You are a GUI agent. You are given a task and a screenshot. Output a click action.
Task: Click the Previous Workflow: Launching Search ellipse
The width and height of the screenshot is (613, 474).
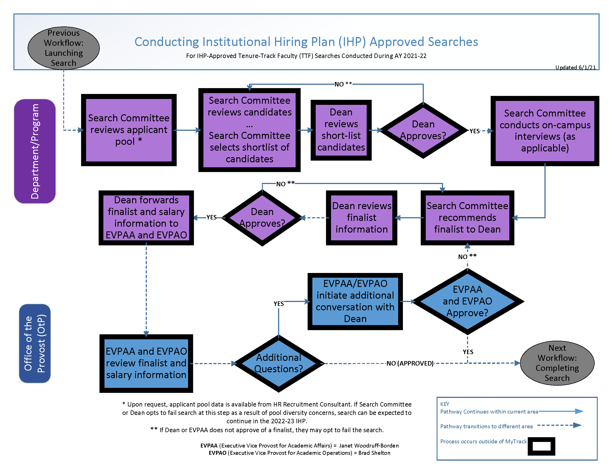pos(64,48)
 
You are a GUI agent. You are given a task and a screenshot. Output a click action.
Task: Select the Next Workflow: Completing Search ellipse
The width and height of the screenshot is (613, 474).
pos(557,363)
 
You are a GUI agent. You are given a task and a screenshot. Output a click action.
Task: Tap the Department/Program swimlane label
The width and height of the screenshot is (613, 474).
pos(35,151)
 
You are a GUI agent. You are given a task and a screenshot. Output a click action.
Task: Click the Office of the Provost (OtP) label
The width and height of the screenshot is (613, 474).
pos(35,343)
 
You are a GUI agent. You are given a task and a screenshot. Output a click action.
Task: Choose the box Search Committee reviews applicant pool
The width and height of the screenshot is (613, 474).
pos(128,130)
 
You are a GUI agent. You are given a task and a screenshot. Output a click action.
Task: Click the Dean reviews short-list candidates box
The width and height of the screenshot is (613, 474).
pos(341,130)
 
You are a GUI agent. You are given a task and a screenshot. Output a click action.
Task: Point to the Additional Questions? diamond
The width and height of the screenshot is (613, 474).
pos(278,363)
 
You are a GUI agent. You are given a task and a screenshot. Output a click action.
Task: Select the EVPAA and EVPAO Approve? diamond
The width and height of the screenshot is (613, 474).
pos(467,301)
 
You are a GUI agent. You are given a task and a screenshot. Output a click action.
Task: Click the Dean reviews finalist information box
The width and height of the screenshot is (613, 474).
pos(361,218)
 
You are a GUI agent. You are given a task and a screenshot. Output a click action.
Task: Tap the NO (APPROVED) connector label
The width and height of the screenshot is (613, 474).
pos(410,363)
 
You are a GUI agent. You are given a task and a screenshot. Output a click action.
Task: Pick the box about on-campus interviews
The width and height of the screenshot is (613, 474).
pos(544,130)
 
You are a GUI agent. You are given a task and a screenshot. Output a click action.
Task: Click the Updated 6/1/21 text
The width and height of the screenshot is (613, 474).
pos(575,67)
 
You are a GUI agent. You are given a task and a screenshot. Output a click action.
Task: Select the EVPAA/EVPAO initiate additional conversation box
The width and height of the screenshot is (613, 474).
pos(355,301)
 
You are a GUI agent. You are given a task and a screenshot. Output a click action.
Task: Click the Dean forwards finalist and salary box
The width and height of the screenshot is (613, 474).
pos(146,218)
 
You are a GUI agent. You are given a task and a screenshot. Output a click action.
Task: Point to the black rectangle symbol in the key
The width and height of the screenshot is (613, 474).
pos(541,446)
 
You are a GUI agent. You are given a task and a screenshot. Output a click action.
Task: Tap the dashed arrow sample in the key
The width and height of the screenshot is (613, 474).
pos(559,425)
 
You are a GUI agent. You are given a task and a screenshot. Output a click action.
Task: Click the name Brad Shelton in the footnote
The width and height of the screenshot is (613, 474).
pos(374,453)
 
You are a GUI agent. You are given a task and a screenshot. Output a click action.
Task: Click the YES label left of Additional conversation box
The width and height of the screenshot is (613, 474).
pos(279,304)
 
